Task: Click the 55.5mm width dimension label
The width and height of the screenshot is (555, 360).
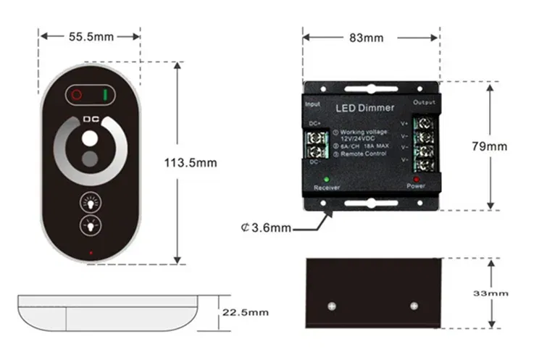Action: click(90, 35)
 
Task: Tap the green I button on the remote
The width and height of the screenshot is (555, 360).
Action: click(106, 94)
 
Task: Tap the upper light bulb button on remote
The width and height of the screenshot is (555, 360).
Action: click(90, 201)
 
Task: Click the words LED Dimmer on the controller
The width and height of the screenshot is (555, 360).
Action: click(365, 108)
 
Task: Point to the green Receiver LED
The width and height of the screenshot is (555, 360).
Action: click(327, 178)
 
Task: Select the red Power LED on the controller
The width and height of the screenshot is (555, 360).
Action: click(416, 178)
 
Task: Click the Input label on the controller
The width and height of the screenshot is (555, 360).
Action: click(313, 104)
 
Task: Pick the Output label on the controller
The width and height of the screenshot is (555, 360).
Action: click(424, 103)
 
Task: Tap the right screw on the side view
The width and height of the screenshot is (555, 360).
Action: click(414, 305)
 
